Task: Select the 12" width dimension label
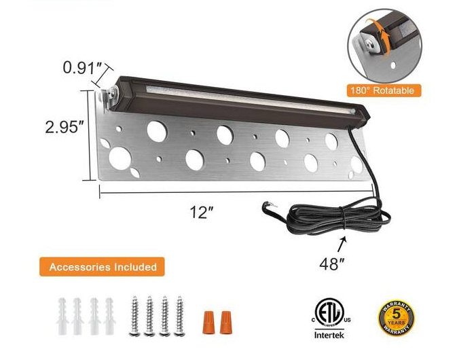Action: click(x=202, y=212)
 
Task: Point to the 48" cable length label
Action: click(x=332, y=263)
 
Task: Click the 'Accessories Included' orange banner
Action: click(x=102, y=267)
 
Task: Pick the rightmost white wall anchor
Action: click(x=109, y=314)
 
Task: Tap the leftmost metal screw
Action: click(x=134, y=315)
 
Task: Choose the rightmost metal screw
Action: click(x=180, y=315)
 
